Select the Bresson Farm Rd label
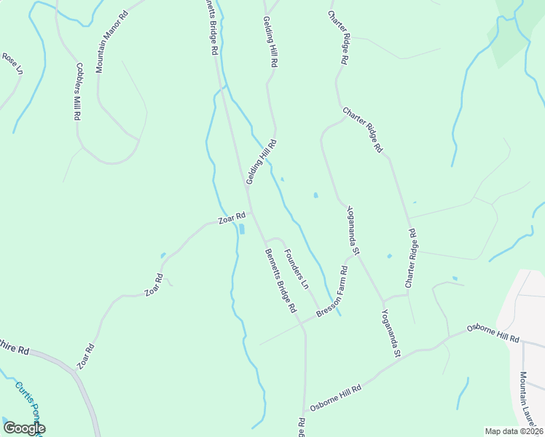pos(332,292)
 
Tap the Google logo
pos(24,428)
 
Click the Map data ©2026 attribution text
pos(513,431)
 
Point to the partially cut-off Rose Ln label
pos(12,64)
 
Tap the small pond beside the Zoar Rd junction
pos(241,229)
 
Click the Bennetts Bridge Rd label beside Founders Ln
pos(281,281)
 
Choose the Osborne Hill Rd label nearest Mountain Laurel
pos(494,334)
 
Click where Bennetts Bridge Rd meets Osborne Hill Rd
pos(305,409)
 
